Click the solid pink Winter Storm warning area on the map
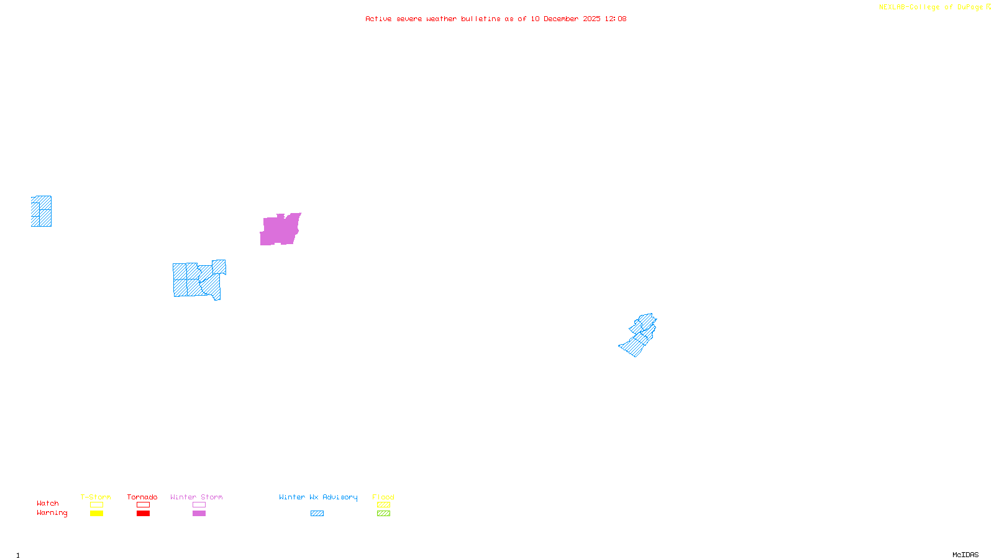[x=280, y=230]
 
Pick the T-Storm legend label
[x=96, y=497]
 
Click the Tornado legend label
[x=142, y=497]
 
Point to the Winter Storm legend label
[x=196, y=497]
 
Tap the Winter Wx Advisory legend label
[x=318, y=497]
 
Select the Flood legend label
[x=383, y=497]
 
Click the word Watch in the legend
[x=48, y=503]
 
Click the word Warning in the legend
[x=52, y=513]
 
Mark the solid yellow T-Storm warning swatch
[x=96, y=514]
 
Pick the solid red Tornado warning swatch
[x=144, y=514]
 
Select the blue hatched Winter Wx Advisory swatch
[x=317, y=514]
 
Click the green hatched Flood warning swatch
[x=384, y=514]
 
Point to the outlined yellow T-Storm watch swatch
[x=96, y=505]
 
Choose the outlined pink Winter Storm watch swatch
[x=199, y=505]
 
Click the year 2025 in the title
[x=591, y=19]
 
